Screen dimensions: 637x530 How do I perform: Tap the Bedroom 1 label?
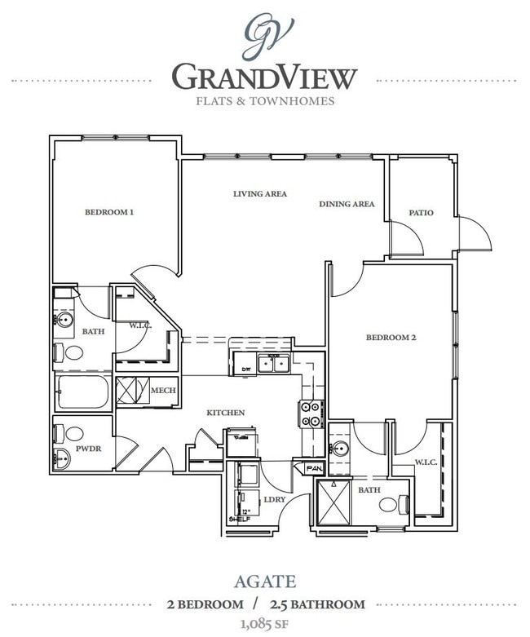(x=109, y=212)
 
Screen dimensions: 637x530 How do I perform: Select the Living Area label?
(x=259, y=194)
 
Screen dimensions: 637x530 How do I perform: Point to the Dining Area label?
(x=347, y=204)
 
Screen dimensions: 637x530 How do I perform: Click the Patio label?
(x=422, y=213)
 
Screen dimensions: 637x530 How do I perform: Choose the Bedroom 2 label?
(x=391, y=336)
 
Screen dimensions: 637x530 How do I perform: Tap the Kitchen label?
(x=225, y=413)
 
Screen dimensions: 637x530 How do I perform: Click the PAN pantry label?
(x=313, y=469)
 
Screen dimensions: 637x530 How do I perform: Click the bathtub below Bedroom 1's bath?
(x=83, y=392)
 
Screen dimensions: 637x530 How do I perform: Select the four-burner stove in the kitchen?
(x=312, y=414)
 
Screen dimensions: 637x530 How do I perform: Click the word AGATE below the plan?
(x=264, y=583)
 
